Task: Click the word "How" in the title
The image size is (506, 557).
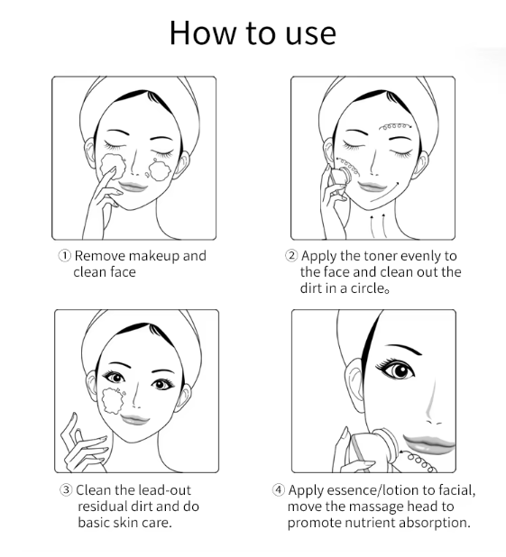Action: (202, 33)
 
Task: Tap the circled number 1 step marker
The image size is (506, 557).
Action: (64, 256)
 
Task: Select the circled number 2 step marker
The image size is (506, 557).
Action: (291, 256)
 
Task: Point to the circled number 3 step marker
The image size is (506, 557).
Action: (66, 490)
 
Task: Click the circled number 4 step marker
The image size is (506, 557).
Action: (279, 490)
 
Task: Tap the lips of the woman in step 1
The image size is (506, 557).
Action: (133, 187)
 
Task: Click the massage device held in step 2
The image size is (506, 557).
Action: (339, 178)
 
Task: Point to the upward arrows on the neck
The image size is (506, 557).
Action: (378, 225)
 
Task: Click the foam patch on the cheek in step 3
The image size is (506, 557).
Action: (113, 401)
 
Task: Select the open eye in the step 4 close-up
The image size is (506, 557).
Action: (397, 370)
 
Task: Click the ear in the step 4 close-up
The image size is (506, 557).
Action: (354, 385)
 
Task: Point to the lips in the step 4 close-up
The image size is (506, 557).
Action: (429, 443)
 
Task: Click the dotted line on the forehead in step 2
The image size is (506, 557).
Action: (395, 126)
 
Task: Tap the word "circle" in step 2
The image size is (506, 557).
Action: (367, 288)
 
